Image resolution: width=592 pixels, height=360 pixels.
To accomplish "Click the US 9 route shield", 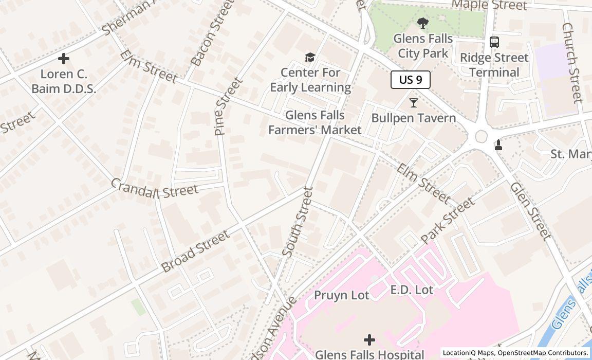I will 410,80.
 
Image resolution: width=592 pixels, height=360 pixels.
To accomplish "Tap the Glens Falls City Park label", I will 423,46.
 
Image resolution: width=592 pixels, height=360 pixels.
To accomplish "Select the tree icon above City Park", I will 423,23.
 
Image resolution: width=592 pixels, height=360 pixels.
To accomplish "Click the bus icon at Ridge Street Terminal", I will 494,42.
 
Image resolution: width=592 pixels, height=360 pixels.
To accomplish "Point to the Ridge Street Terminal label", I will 494,65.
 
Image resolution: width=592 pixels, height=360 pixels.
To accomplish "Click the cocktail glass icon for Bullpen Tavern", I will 413,103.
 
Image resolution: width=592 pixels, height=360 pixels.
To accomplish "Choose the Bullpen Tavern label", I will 413,118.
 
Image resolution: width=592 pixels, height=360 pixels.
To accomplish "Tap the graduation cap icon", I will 309,57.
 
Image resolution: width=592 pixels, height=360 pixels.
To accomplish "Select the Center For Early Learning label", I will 310,80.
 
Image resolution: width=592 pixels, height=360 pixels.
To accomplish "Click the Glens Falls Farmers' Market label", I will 314,122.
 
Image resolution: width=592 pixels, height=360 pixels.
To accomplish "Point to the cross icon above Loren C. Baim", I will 63,59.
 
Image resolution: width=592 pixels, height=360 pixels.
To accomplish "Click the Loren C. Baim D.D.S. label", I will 64,81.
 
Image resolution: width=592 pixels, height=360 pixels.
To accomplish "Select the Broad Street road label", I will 195,251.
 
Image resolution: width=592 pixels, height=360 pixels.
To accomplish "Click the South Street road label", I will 298,221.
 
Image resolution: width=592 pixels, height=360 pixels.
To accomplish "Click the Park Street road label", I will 448,221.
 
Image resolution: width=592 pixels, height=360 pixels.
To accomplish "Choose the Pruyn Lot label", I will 341,295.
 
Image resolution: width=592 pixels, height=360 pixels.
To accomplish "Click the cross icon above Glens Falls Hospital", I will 369,339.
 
